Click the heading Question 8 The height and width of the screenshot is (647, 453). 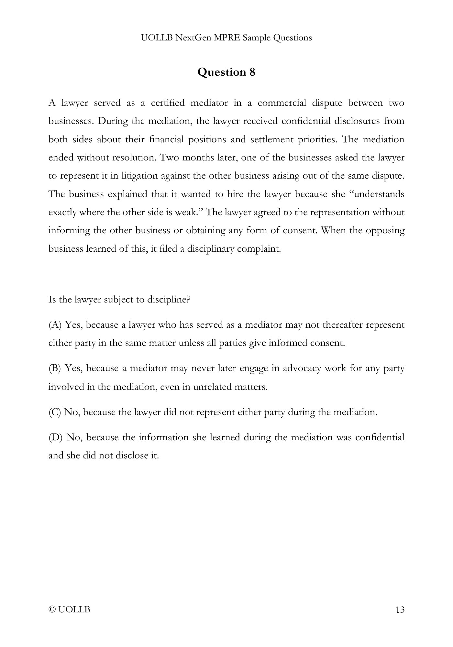(226, 72)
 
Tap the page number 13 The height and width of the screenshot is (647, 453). (400, 610)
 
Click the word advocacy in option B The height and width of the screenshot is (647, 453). (302, 368)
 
